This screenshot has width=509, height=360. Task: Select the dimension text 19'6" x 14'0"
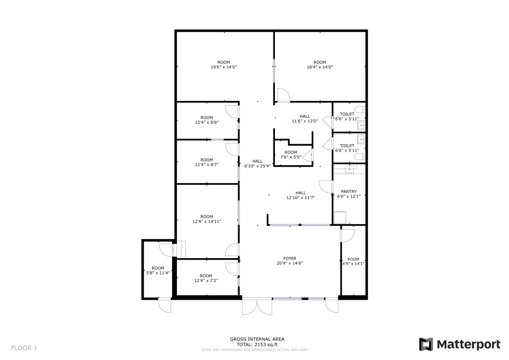(x=224, y=67)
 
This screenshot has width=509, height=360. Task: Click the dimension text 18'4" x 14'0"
(x=320, y=67)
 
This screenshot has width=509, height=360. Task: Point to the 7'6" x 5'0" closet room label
(x=291, y=155)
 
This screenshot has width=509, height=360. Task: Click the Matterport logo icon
(x=426, y=344)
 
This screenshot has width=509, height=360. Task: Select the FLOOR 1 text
(x=24, y=347)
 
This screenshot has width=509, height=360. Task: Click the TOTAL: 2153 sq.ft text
(x=257, y=344)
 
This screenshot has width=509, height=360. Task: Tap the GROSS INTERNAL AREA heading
(x=257, y=339)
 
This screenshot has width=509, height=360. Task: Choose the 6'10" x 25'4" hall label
(x=257, y=164)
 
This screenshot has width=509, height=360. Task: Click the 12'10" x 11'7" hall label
(x=301, y=195)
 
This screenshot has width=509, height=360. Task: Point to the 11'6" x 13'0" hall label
(x=305, y=119)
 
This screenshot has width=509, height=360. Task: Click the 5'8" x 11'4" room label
(x=158, y=270)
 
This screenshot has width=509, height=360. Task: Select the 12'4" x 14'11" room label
(x=206, y=219)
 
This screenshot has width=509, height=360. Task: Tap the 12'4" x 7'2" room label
(x=206, y=278)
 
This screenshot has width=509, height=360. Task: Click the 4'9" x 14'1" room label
(x=353, y=262)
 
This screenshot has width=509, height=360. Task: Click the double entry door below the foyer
(x=257, y=307)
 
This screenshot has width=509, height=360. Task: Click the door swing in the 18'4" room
(x=283, y=95)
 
